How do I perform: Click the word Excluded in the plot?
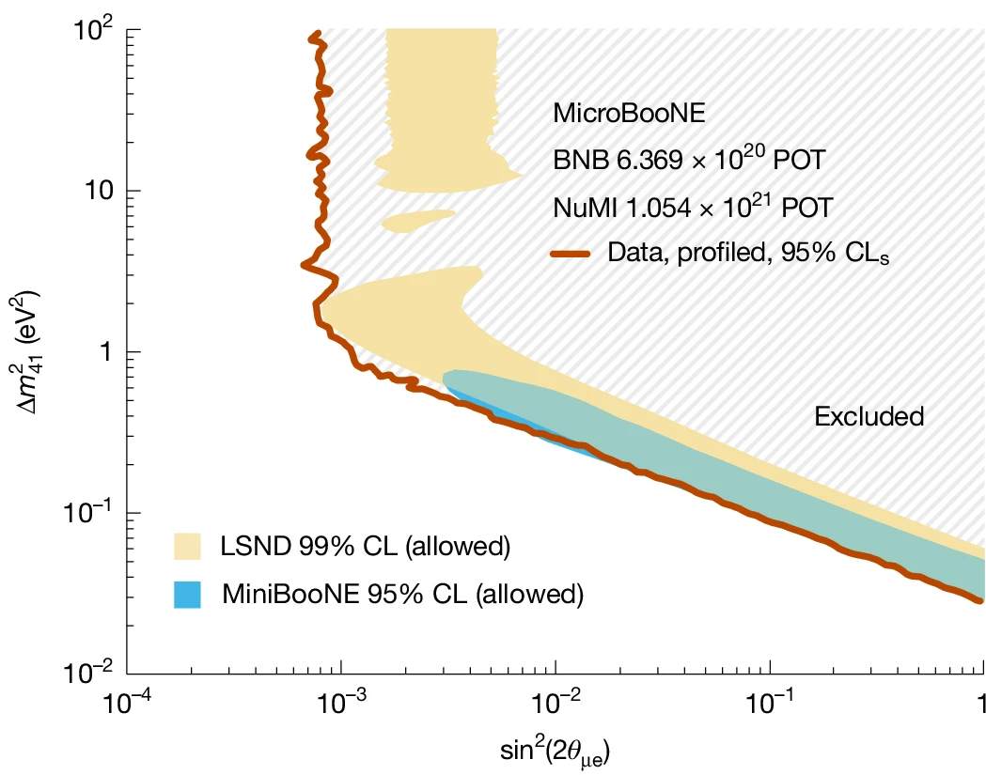coord(869,415)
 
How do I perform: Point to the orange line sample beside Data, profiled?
coord(570,252)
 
